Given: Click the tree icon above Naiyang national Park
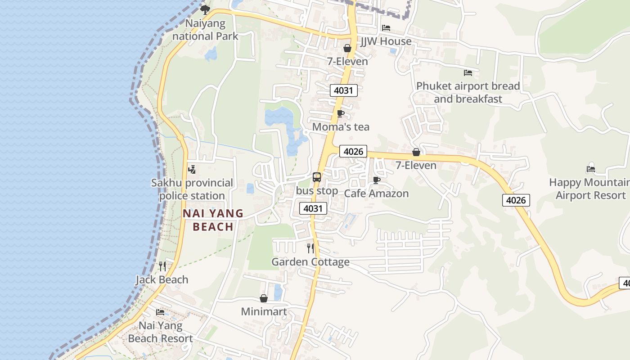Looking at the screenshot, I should pyautogui.click(x=205, y=9).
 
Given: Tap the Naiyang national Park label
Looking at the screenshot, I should pyautogui.click(x=205, y=30).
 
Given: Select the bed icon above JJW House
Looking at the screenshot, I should pyautogui.click(x=386, y=28).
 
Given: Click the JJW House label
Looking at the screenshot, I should pyautogui.click(x=386, y=41).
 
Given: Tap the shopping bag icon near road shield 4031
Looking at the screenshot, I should pyautogui.click(x=347, y=48).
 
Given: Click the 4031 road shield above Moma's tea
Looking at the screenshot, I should pyautogui.click(x=343, y=90).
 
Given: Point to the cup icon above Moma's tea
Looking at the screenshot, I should pyautogui.click(x=341, y=113).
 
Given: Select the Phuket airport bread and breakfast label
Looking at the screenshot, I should pyautogui.click(x=468, y=92).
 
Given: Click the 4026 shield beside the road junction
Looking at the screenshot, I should pyautogui.click(x=353, y=152).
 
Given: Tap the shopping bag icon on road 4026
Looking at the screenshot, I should pyautogui.click(x=416, y=152).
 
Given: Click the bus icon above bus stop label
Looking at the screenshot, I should pyautogui.click(x=317, y=177).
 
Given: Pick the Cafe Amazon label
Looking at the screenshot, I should pyautogui.click(x=376, y=193).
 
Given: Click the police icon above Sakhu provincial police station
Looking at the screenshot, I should pyautogui.click(x=192, y=170).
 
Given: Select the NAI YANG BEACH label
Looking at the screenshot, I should pyautogui.click(x=213, y=220).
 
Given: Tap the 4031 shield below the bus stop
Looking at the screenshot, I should pyautogui.click(x=313, y=208).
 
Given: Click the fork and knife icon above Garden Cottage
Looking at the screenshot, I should pyautogui.click(x=310, y=248).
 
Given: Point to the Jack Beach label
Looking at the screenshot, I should pyautogui.click(x=162, y=280).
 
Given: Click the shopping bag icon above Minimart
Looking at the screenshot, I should pyautogui.click(x=264, y=298).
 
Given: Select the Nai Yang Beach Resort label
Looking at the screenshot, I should pyautogui.click(x=160, y=332).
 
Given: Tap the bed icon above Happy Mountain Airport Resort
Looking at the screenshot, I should pyautogui.click(x=591, y=169).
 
